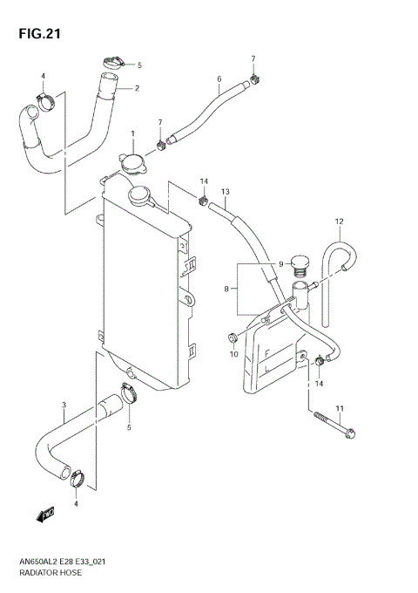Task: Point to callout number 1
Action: [133, 135]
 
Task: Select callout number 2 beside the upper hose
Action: [138, 88]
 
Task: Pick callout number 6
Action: [219, 79]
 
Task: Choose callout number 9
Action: [281, 264]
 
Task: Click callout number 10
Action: [233, 355]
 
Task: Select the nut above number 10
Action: [233, 337]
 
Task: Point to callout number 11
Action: [341, 408]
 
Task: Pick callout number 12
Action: [340, 221]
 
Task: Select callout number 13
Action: [225, 191]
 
